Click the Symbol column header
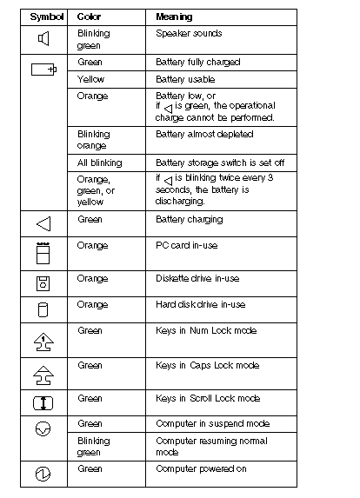coord(43,17)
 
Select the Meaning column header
coord(174,17)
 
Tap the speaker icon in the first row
coord(43,38)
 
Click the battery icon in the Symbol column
coord(43,69)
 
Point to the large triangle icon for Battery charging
coord(43,224)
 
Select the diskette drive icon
coord(43,283)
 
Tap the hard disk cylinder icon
coord(43,309)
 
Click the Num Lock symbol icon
coord(43,340)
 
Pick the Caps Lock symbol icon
coord(43,374)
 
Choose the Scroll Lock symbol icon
coord(43,403)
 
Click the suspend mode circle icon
coord(43,428)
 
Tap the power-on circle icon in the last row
coord(43,474)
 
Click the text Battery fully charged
coord(197,63)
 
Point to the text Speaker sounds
coord(189,33)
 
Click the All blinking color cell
coord(100,163)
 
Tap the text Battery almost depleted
coord(204,135)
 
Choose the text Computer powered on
coord(200,468)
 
